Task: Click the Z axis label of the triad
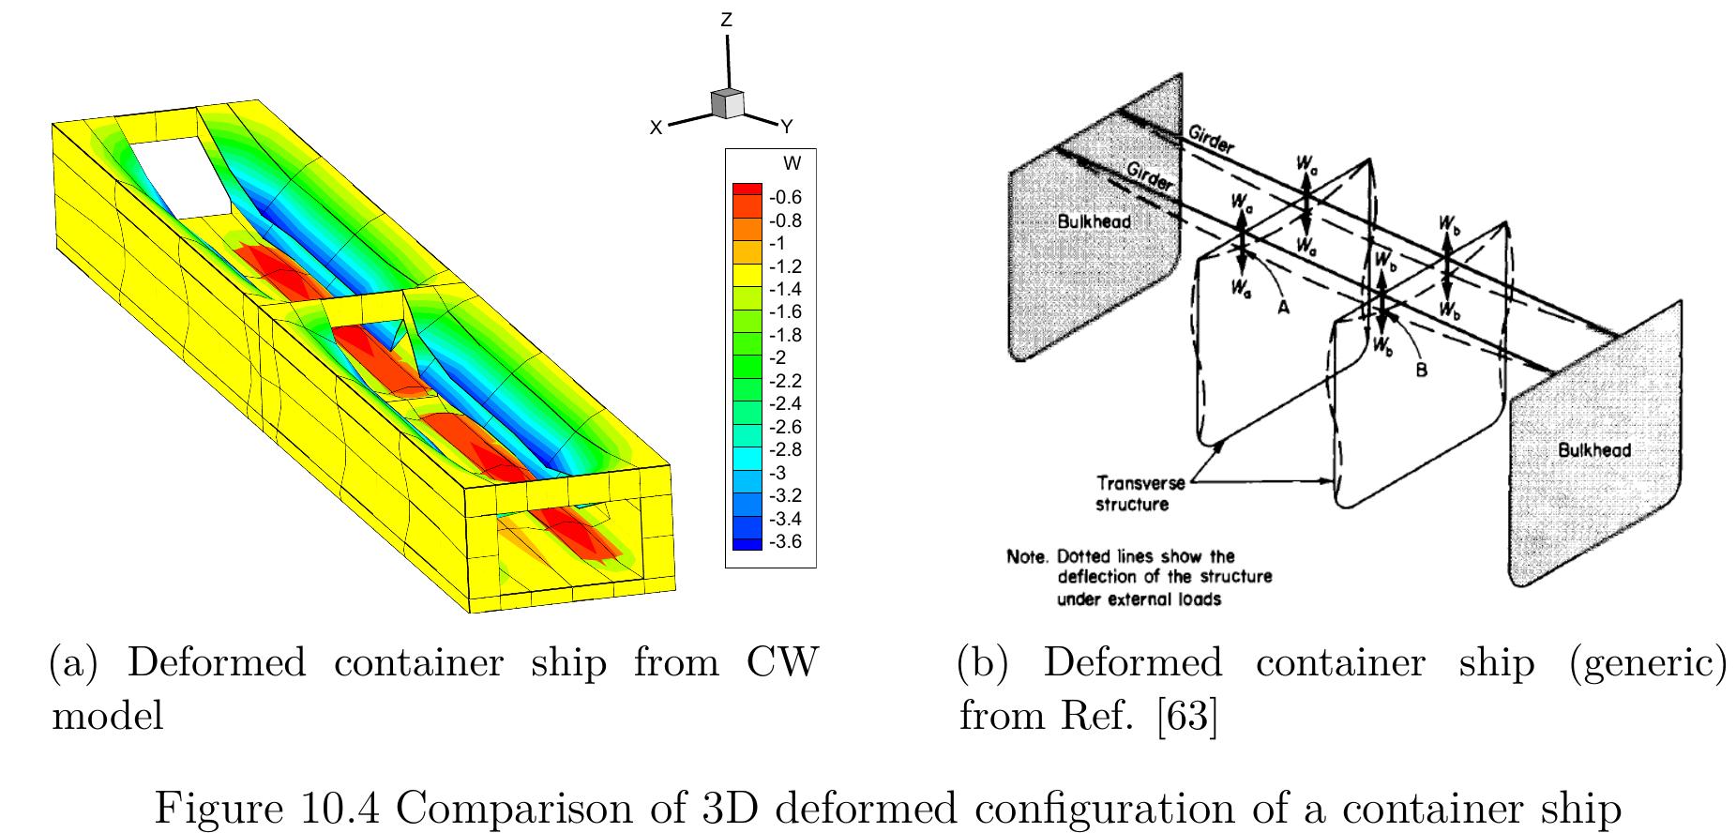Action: [x=726, y=19]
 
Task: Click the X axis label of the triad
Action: [x=657, y=128]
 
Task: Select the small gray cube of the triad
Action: [x=727, y=103]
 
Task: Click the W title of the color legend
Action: [x=792, y=164]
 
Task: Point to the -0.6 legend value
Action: [x=785, y=197]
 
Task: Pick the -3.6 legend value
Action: [x=785, y=541]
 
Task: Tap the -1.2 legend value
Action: [x=785, y=266]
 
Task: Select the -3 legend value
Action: [x=777, y=473]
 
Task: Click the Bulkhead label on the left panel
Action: [x=1094, y=222]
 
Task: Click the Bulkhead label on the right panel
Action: [x=1594, y=449]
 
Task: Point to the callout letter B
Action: [x=1422, y=371]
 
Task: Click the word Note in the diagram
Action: [x=1025, y=556]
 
